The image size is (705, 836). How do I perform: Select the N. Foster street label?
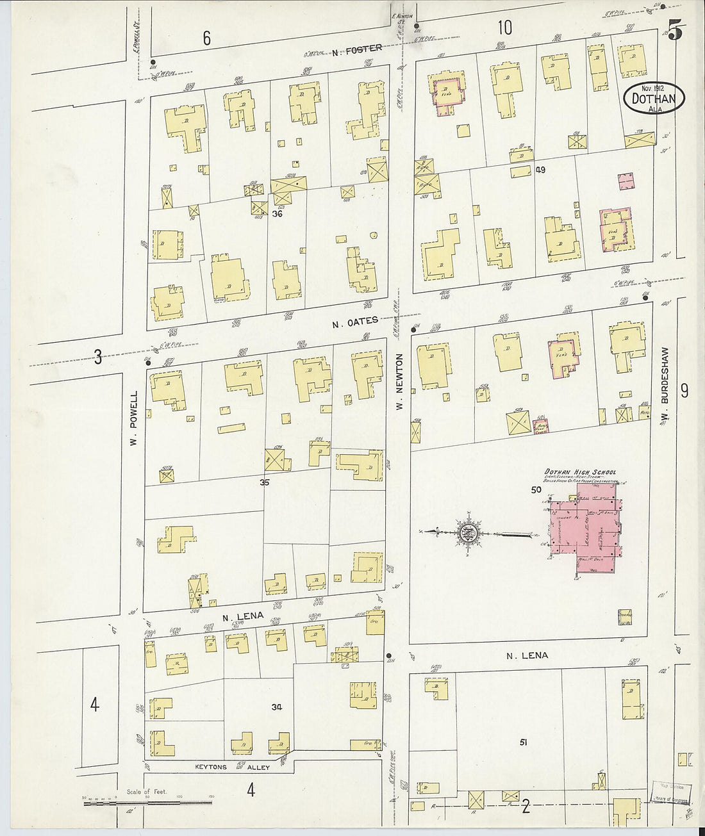[x=357, y=47]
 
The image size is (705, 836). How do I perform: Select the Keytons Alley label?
[x=219, y=767]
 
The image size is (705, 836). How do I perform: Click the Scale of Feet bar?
[x=147, y=798]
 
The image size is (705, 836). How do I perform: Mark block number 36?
[x=277, y=213]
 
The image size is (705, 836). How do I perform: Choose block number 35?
[x=264, y=483]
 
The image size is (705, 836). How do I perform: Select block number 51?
[x=524, y=742]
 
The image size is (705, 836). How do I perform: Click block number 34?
[x=276, y=707]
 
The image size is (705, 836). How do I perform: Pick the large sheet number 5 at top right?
[x=674, y=30]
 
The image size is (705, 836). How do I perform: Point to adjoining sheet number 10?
[x=504, y=28]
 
